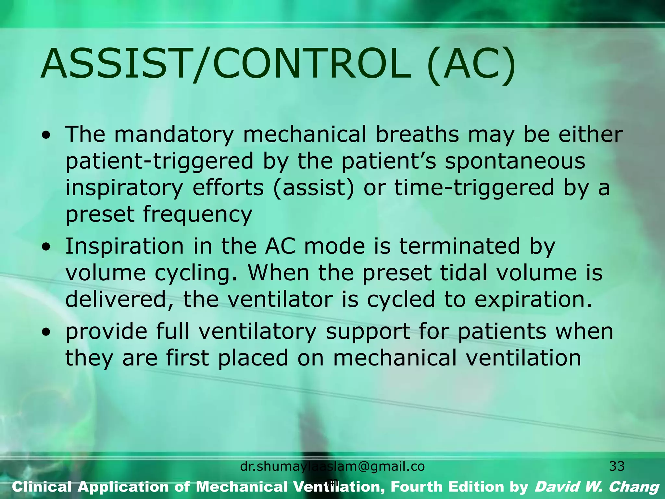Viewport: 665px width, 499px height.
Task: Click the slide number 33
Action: click(x=617, y=467)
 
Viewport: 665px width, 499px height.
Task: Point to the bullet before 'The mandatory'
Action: click(x=47, y=134)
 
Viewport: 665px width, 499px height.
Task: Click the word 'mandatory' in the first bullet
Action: click(x=174, y=135)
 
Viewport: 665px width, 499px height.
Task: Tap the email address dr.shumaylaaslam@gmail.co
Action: click(x=332, y=467)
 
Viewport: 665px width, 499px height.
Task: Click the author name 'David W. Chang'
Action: click(x=597, y=487)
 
